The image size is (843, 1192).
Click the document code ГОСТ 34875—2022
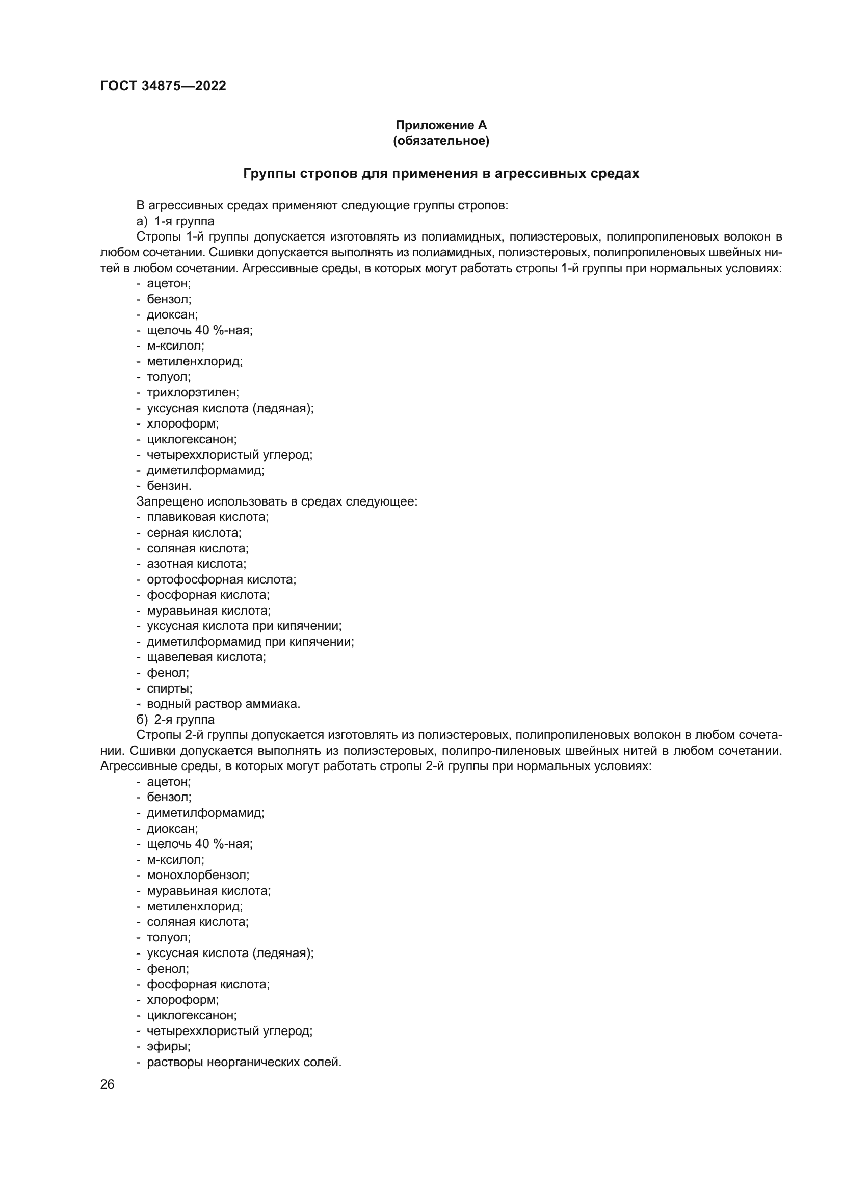[163, 86]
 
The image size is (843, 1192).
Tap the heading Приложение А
[441, 125]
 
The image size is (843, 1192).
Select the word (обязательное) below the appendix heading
[441, 141]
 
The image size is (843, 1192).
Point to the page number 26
[107, 1084]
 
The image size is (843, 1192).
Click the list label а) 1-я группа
[175, 221]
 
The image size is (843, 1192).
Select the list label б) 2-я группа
[175, 720]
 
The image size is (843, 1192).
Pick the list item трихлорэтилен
[193, 392]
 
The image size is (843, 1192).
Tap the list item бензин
[169, 486]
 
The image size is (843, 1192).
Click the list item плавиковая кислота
[207, 517]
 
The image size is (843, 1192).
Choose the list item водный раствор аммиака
[223, 704]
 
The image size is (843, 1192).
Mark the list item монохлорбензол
[198, 876]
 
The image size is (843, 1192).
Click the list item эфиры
[169, 1047]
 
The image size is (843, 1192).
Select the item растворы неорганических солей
[244, 1062]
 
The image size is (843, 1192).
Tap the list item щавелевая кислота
[206, 657]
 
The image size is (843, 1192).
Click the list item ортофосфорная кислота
[221, 579]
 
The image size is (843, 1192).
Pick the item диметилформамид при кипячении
[250, 642]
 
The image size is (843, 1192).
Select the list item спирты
[169, 688]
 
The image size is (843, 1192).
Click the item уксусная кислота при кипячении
[244, 626]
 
